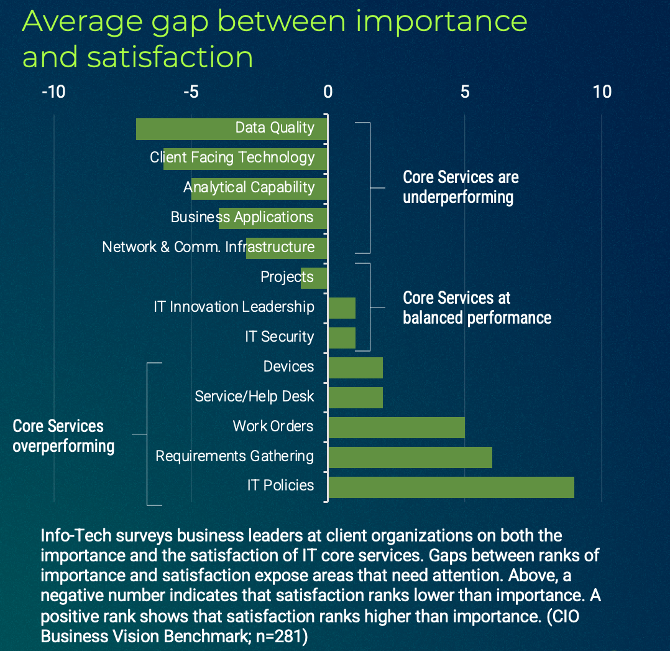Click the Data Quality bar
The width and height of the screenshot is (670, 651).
(186, 129)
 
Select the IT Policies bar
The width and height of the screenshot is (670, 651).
(451, 487)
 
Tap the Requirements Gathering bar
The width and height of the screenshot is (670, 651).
(410, 457)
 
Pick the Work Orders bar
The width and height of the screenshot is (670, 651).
(396, 428)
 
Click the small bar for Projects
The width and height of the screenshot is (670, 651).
(314, 278)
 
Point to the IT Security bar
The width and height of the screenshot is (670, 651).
(342, 338)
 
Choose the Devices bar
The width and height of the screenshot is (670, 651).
(355, 368)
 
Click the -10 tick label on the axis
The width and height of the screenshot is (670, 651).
(53, 92)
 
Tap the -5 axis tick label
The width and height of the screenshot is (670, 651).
(190, 92)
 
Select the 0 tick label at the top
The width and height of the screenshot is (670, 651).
(328, 92)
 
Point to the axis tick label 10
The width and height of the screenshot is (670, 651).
(602, 92)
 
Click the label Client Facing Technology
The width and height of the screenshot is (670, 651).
(232, 157)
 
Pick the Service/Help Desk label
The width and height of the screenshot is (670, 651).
(254, 396)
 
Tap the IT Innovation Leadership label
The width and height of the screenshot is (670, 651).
(234, 307)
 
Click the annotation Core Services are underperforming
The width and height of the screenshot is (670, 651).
(460, 187)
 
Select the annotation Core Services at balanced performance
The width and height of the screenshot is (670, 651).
(477, 307)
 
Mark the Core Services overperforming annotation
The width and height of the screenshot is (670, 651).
(63, 436)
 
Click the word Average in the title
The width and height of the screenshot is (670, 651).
(78, 22)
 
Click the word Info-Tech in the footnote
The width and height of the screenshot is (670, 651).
(73, 536)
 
